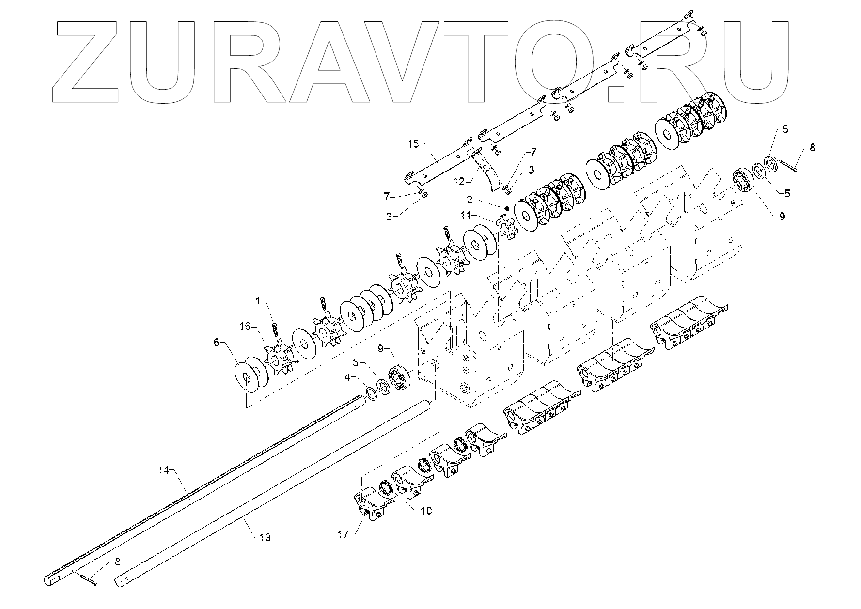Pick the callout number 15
point(413,144)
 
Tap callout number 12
point(459,181)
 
